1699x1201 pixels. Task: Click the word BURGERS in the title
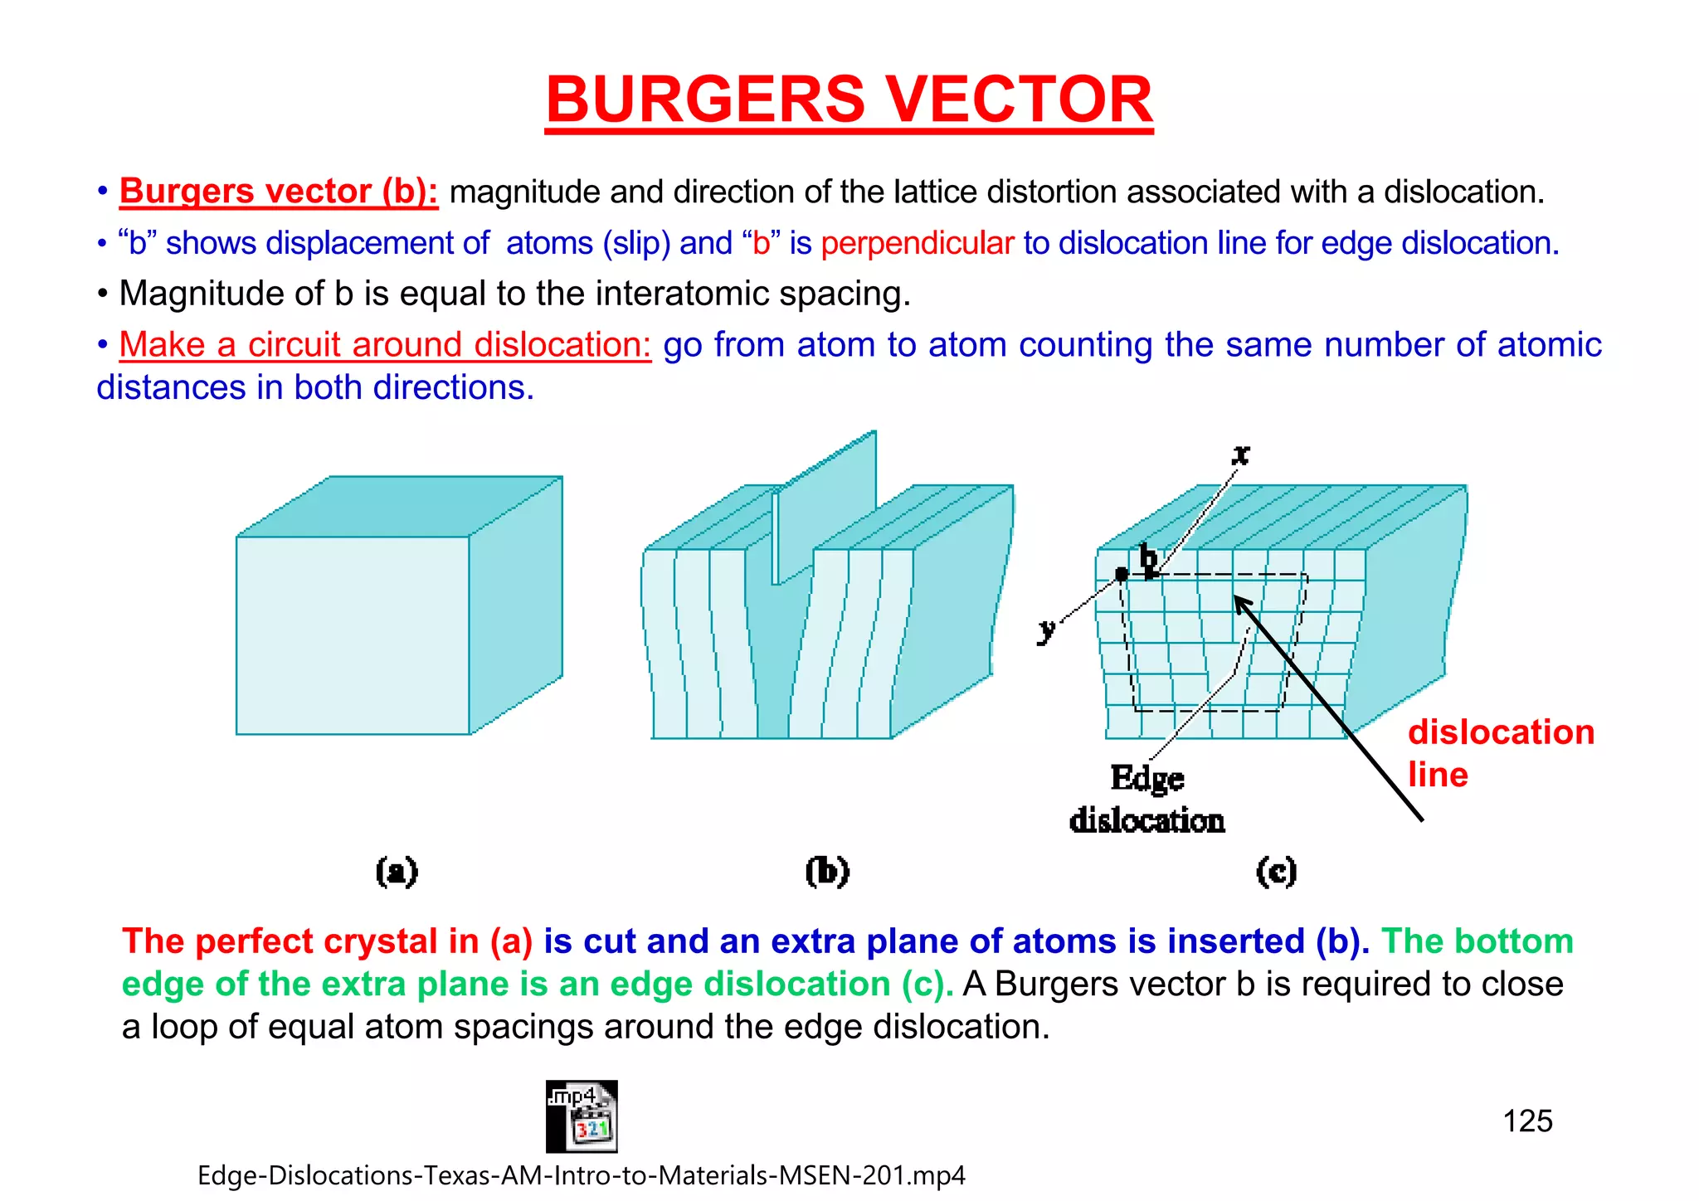pyautogui.click(x=705, y=100)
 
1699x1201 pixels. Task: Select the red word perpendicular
pyautogui.click(x=918, y=243)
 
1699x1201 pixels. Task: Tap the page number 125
pyautogui.click(x=1527, y=1121)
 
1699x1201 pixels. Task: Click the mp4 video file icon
pyautogui.click(x=582, y=1116)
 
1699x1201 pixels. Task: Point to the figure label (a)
pyautogui.click(x=397, y=872)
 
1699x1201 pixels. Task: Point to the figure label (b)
pyautogui.click(x=827, y=872)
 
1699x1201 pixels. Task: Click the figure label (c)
pyautogui.click(x=1276, y=872)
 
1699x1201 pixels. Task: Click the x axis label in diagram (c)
pyautogui.click(x=1241, y=454)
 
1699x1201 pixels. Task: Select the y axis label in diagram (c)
pyautogui.click(x=1047, y=630)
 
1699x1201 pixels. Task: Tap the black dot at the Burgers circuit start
pyautogui.click(x=1122, y=574)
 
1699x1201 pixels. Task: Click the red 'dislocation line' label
pyautogui.click(x=1500, y=752)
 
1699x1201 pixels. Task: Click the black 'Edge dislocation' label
pyautogui.click(x=1147, y=799)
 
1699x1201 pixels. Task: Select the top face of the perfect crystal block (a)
pyautogui.click(x=398, y=506)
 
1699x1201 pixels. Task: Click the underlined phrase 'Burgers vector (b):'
pyautogui.click(x=279, y=192)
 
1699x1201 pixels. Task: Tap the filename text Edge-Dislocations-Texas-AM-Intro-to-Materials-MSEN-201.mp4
pyautogui.click(x=581, y=1175)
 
